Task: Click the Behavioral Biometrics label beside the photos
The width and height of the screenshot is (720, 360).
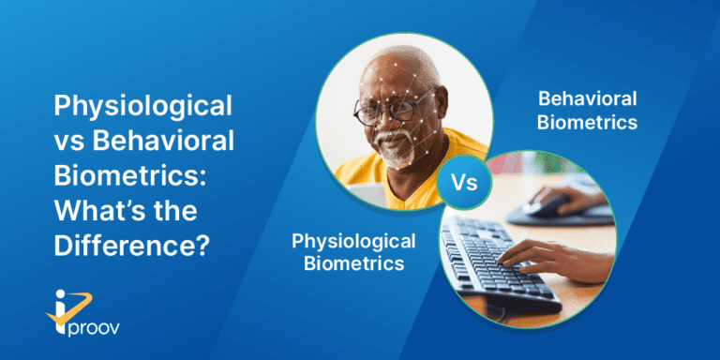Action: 587,110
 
